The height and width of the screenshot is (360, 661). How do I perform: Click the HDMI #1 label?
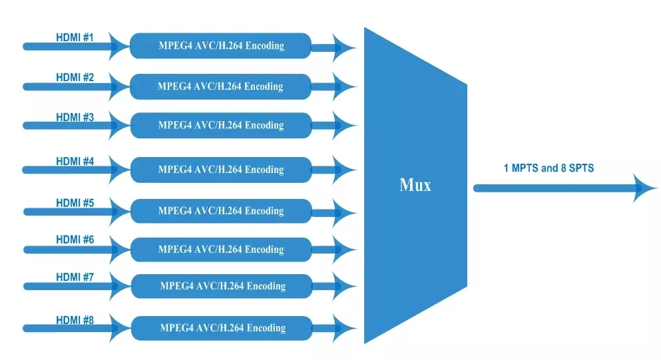(75, 37)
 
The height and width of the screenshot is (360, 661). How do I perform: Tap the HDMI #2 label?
(75, 77)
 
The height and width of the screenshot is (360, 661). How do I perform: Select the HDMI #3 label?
(75, 117)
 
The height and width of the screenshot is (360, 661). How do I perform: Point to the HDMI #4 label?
(75, 161)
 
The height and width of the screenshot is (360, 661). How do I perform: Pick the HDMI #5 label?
(75, 203)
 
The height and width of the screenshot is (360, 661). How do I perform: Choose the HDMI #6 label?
(75, 240)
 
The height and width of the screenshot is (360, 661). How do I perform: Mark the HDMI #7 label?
(75, 277)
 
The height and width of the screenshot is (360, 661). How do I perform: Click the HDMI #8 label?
(75, 320)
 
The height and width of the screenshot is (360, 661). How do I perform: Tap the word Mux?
(415, 185)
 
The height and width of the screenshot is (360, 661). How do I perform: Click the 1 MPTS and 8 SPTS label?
(549, 168)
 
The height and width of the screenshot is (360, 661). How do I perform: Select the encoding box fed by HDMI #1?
(220, 46)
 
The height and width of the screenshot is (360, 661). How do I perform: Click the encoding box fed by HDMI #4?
(220, 170)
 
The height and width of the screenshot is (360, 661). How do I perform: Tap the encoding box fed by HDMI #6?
(220, 250)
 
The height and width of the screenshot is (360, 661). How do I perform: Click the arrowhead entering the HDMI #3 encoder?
(120, 125)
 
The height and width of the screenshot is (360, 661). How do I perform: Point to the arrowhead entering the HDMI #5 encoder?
(120, 212)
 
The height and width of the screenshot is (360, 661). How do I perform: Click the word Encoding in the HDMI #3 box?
(264, 125)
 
